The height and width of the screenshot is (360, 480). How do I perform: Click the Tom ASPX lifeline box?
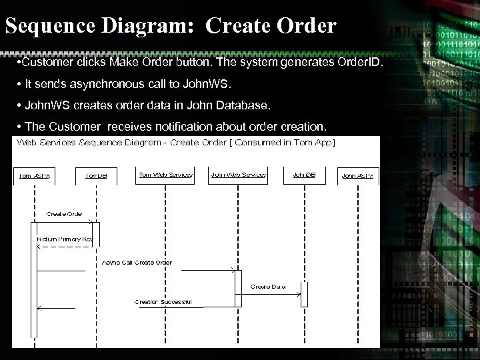(x=33, y=176)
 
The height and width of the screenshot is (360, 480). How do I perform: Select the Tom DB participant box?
(x=97, y=176)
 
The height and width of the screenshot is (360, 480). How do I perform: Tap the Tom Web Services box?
(x=165, y=175)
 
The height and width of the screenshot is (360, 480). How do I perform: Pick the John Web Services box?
(x=238, y=175)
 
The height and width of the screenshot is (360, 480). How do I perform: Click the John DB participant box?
(x=304, y=175)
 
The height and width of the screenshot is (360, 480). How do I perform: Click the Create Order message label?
(x=64, y=214)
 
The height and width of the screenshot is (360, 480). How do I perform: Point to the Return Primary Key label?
(x=65, y=238)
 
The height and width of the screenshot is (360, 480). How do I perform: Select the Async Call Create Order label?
(x=137, y=262)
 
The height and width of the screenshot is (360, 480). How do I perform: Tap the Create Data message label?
(x=268, y=286)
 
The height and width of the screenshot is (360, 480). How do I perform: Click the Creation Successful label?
(x=163, y=301)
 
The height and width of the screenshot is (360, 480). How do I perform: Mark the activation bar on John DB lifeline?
(x=304, y=294)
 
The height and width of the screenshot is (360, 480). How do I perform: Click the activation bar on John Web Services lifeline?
(x=237, y=288)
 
